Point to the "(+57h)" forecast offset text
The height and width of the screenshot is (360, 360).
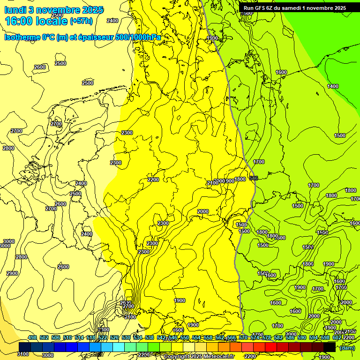tap(81, 21)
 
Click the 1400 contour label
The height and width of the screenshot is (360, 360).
tap(333, 86)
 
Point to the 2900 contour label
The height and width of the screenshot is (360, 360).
tap(12, 273)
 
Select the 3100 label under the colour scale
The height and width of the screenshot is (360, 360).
tap(23, 355)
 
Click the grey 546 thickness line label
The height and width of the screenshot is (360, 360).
tap(254, 178)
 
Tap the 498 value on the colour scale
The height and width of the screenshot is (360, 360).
tap(32, 337)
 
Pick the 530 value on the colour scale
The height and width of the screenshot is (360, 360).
tap(126, 337)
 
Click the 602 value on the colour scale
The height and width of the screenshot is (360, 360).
tap(337, 337)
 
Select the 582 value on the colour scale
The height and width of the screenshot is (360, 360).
tap(278, 337)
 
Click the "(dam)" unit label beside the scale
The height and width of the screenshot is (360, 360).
tap(347, 347)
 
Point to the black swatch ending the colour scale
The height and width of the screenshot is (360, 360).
tap(330, 347)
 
